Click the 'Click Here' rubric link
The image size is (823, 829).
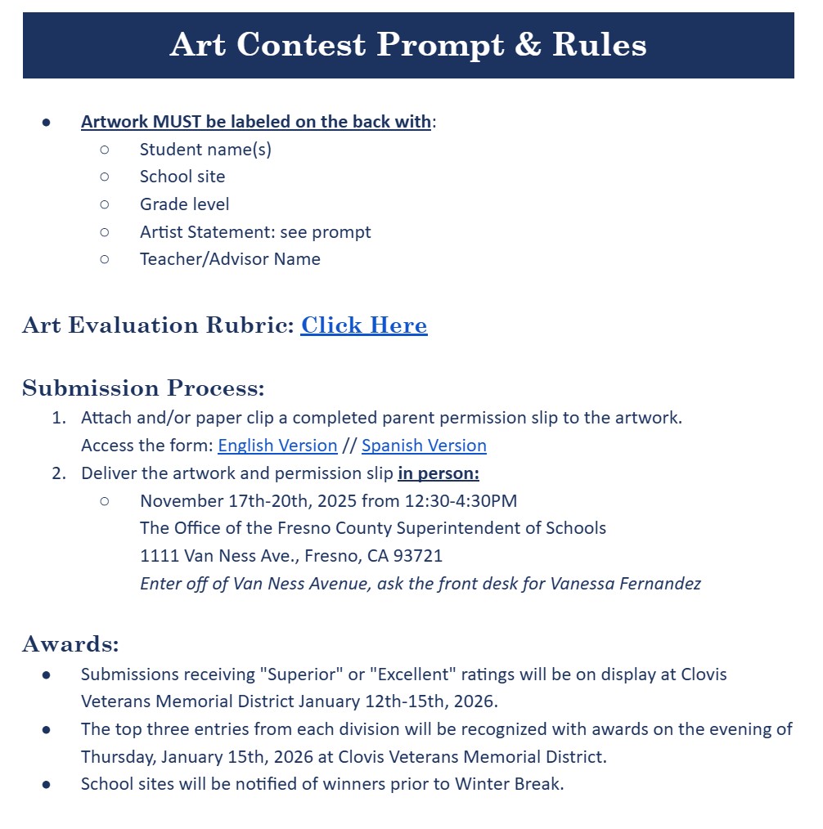tap(363, 325)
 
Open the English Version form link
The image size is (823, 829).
tap(277, 446)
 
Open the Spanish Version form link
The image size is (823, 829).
tap(424, 446)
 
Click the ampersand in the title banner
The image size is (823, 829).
tap(528, 44)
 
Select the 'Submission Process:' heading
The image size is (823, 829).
tap(143, 388)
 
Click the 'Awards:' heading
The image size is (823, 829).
tap(70, 644)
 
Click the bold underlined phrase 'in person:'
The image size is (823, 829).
tap(438, 473)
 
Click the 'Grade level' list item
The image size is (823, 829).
tap(184, 204)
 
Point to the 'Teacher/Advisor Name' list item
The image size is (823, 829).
tap(230, 259)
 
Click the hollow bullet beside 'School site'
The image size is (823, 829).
tap(104, 177)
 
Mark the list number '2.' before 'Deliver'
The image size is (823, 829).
tap(59, 473)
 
